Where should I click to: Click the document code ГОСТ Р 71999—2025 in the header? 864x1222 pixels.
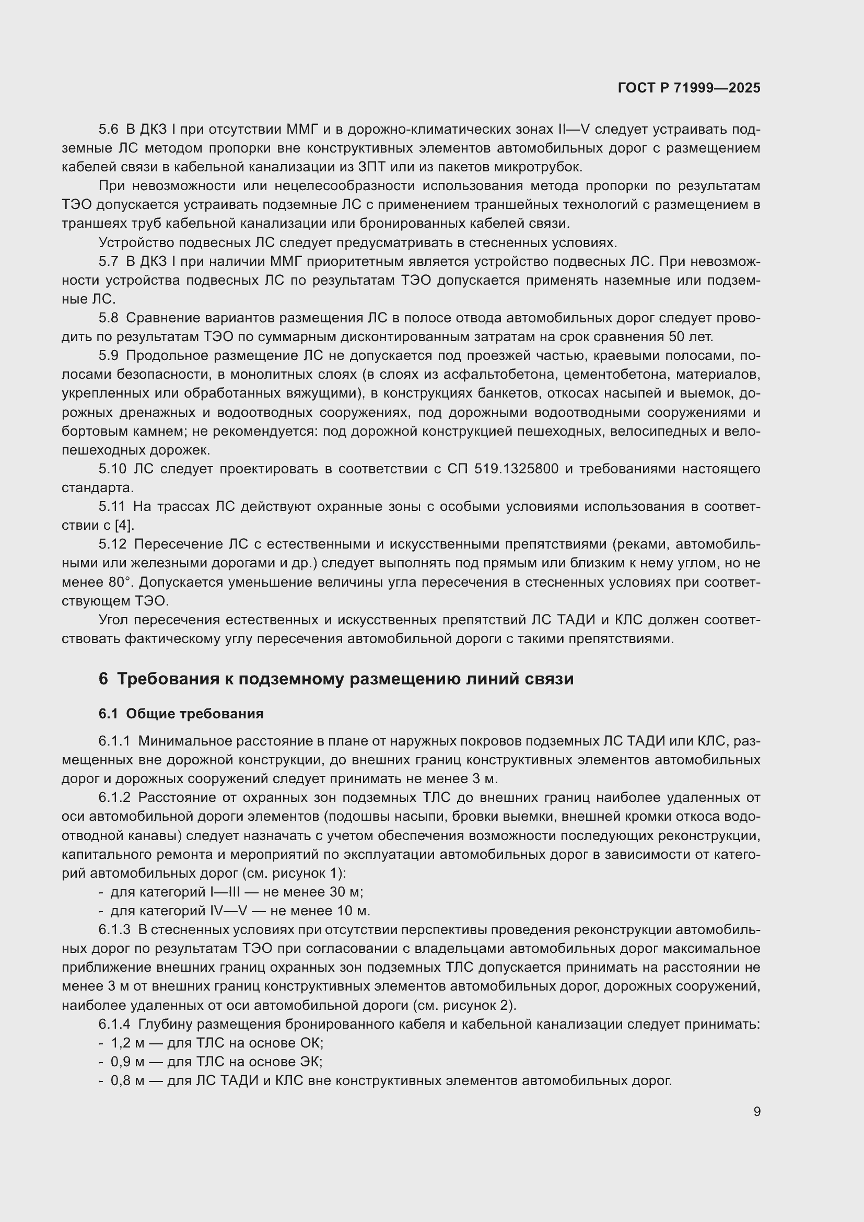689,88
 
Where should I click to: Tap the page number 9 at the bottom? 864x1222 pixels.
756,1111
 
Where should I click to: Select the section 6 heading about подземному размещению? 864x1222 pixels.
336,679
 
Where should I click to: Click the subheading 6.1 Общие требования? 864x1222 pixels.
181,714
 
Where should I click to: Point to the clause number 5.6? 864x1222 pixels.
109,130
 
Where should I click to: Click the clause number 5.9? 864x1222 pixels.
109,356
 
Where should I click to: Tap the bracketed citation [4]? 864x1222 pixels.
124,525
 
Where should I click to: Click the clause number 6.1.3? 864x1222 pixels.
114,930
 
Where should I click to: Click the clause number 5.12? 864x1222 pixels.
112,544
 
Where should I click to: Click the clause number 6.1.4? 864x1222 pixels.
114,1024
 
